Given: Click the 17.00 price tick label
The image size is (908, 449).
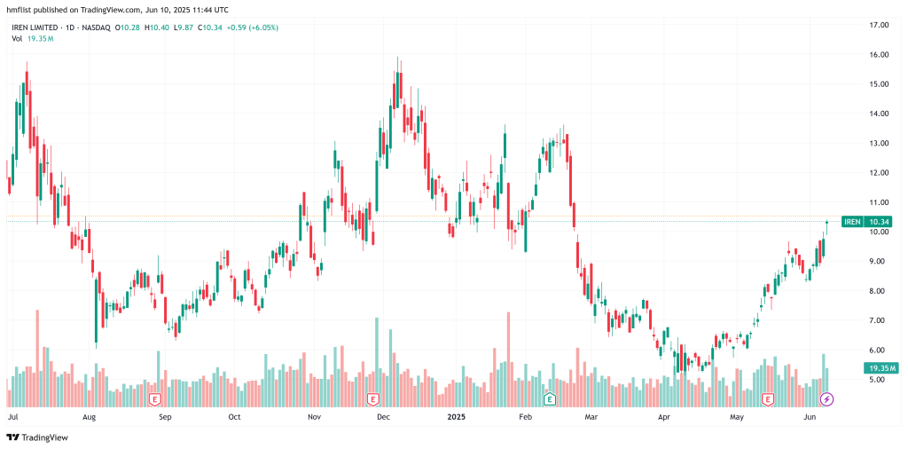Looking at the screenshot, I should (879, 25).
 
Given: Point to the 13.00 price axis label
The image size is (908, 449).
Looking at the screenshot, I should (879, 143).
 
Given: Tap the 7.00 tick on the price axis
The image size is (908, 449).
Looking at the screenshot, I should (879, 320).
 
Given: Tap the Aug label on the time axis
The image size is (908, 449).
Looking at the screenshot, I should (89, 415).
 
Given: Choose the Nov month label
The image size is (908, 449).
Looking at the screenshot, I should (314, 415).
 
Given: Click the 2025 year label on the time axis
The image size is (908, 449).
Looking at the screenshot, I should (456, 415).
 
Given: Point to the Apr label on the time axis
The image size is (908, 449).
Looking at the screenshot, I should (665, 415).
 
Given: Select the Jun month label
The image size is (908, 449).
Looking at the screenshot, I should (809, 415).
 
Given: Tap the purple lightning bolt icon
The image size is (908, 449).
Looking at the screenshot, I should (826, 399).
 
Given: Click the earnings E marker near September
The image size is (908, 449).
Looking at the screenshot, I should (155, 399).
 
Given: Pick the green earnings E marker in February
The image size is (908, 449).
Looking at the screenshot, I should (550, 399).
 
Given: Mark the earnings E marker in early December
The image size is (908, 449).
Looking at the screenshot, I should (372, 399).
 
